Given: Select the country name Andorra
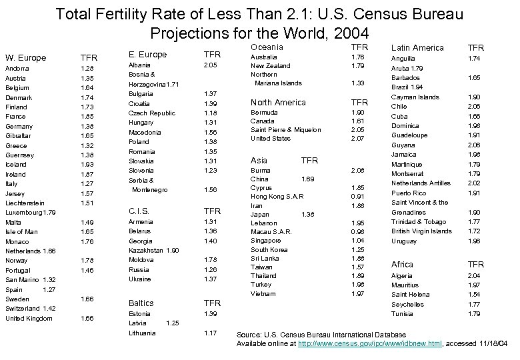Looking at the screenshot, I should click(17, 68).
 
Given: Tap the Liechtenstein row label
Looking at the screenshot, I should click(25, 203).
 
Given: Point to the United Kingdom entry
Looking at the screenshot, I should click(28, 319).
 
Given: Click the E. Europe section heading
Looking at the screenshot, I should click(147, 55).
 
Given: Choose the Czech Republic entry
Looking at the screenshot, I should click(151, 113).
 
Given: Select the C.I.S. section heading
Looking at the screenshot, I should click(139, 211).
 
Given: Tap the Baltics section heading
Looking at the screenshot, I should click(141, 302).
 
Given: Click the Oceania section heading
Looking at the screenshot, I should click(267, 47).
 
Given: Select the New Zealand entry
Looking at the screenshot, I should click(270, 66).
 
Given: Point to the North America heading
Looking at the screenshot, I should click(278, 102).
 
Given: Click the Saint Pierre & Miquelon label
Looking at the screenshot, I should click(285, 129).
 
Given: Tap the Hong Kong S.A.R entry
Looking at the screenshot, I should click(277, 197).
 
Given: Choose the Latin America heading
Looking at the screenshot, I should click(417, 47).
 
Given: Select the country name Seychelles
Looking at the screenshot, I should click(407, 304).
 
